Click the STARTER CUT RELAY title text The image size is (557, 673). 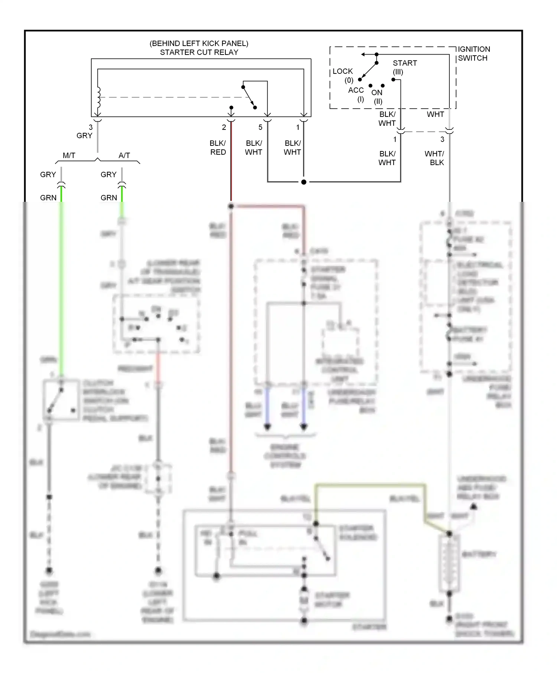(x=199, y=52)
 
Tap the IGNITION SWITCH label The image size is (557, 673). (x=473, y=54)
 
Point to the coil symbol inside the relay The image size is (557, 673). (x=98, y=97)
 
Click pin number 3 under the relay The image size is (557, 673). (x=91, y=127)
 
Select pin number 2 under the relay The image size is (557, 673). (x=224, y=127)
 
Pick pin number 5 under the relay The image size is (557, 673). (x=260, y=127)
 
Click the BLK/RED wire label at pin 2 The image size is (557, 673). (x=218, y=148)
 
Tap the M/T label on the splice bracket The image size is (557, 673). (x=69, y=155)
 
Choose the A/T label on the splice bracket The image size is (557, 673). (x=124, y=155)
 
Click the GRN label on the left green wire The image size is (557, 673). (x=48, y=198)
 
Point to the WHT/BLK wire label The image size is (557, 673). (x=434, y=158)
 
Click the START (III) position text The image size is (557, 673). (x=404, y=67)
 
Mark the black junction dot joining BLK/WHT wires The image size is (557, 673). (x=304, y=182)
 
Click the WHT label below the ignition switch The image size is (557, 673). (x=435, y=114)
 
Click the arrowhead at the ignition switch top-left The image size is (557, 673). (x=363, y=55)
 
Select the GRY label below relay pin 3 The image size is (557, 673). (x=84, y=136)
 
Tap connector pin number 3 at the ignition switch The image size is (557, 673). (x=442, y=139)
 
